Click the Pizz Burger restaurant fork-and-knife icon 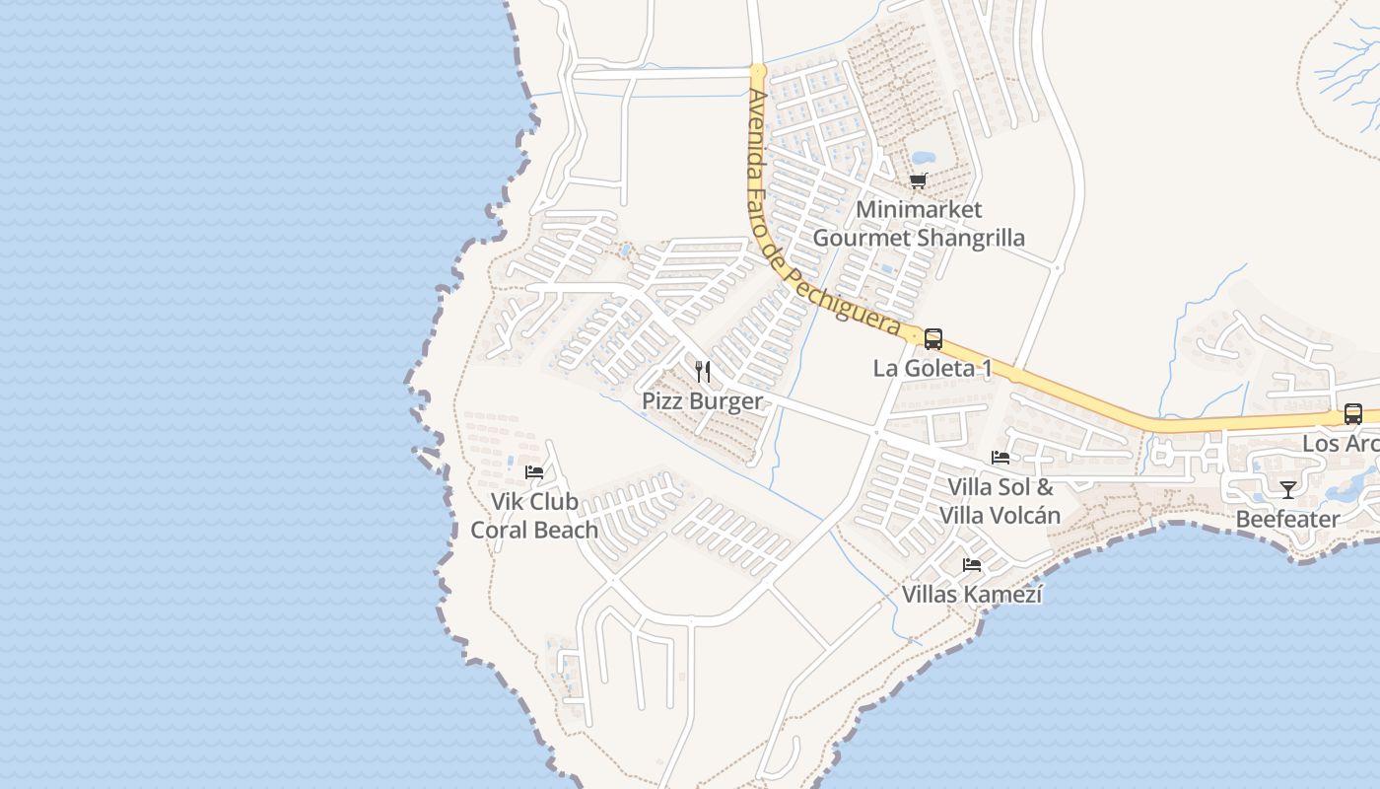pyautogui.click(x=703, y=372)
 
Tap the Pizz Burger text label pyautogui.click(x=702, y=401)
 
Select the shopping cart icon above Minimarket pyautogui.click(x=918, y=181)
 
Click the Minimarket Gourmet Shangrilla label pyautogui.click(x=918, y=224)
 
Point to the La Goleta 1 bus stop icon pyautogui.click(x=932, y=339)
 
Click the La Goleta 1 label pyautogui.click(x=932, y=369)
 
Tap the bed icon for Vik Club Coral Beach pyautogui.click(x=534, y=472)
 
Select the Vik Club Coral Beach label pyautogui.click(x=534, y=516)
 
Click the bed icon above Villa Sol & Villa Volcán pyautogui.click(x=1000, y=458)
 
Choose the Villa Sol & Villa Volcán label pyautogui.click(x=1000, y=501)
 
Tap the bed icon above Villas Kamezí pyautogui.click(x=972, y=565)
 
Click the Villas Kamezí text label pyautogui.click(x=972, y=595)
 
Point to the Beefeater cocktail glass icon pyautogui.click(x=1287, y=489)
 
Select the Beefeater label pyautogui.click(x=1287, y=519)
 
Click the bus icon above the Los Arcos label pyautogui.click(x=1352, y=414)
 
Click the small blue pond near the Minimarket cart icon pyautogui.click(x=924, y=158)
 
